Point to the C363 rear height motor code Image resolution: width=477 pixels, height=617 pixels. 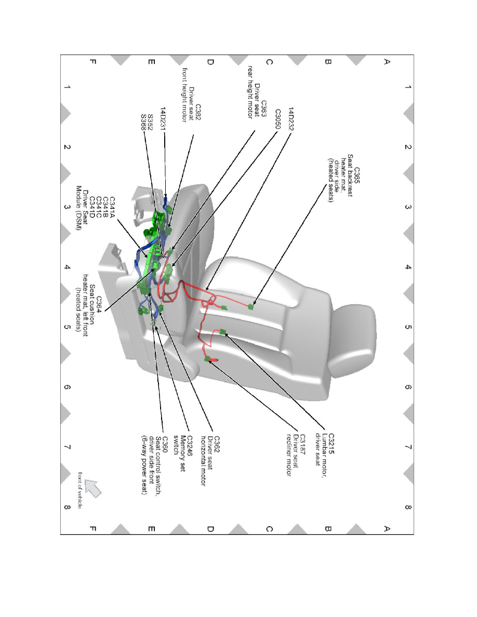264,111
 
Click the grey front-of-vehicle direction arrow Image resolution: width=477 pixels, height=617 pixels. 92,488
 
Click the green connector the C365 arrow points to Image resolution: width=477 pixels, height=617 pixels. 252,306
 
